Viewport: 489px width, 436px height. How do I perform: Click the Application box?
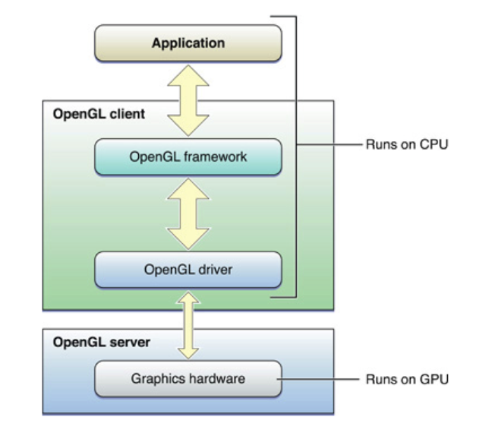188,43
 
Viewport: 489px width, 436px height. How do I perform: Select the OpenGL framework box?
188,157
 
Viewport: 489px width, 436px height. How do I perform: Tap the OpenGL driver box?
188,270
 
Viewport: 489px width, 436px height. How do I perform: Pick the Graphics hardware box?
188,378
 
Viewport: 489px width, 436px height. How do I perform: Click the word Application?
188,43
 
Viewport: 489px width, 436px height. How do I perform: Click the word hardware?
218,378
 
